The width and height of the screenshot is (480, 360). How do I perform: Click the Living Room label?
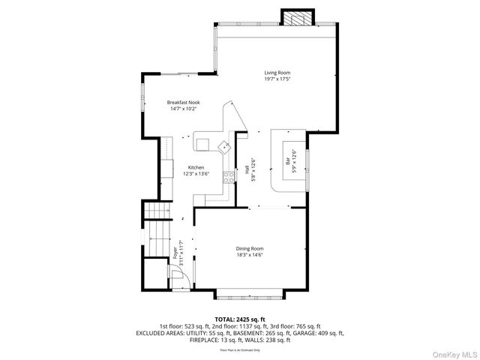[x=277, y=73]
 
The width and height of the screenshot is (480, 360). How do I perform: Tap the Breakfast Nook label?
[x=183, y=102]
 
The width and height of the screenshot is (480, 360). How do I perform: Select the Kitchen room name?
[x=196, y=167]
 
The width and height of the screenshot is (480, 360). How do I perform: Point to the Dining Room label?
[x=250, y=248]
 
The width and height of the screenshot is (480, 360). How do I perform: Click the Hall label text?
[x=248, y=170]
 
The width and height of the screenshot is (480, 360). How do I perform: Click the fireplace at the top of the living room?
[x=293, y=16]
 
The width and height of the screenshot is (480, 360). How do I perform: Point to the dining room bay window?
[x=250, y=294]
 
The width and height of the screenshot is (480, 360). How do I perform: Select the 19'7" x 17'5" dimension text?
[x=277, y=79]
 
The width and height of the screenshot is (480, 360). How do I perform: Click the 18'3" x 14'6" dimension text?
[x=250, y=255]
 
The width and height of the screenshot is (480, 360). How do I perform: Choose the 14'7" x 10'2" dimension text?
[x=183, y=109]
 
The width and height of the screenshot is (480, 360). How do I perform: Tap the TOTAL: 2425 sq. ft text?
[x=240, y=319]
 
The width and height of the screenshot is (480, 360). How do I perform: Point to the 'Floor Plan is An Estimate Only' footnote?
[x=240, y=349]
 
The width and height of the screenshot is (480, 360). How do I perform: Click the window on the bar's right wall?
[x=308, y=159]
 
